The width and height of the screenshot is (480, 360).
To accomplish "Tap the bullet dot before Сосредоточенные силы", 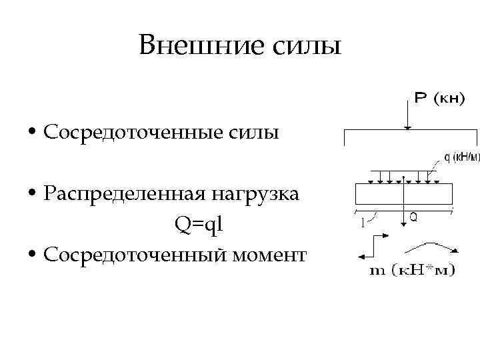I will click(33, 133).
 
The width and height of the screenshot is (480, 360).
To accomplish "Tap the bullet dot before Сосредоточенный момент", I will click(33, 255).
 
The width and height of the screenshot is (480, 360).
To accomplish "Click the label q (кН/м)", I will click(459, 158).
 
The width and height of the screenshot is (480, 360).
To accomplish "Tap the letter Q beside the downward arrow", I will click(413, 217).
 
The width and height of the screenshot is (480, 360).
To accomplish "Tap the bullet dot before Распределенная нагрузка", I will click(33, 194).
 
